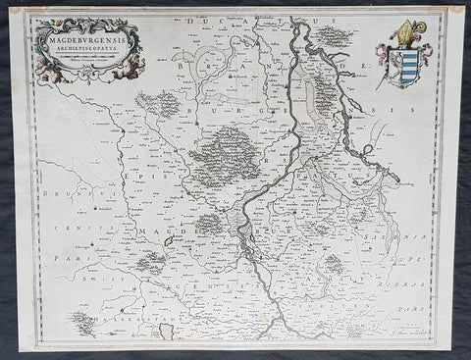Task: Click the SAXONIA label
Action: (407, 234)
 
